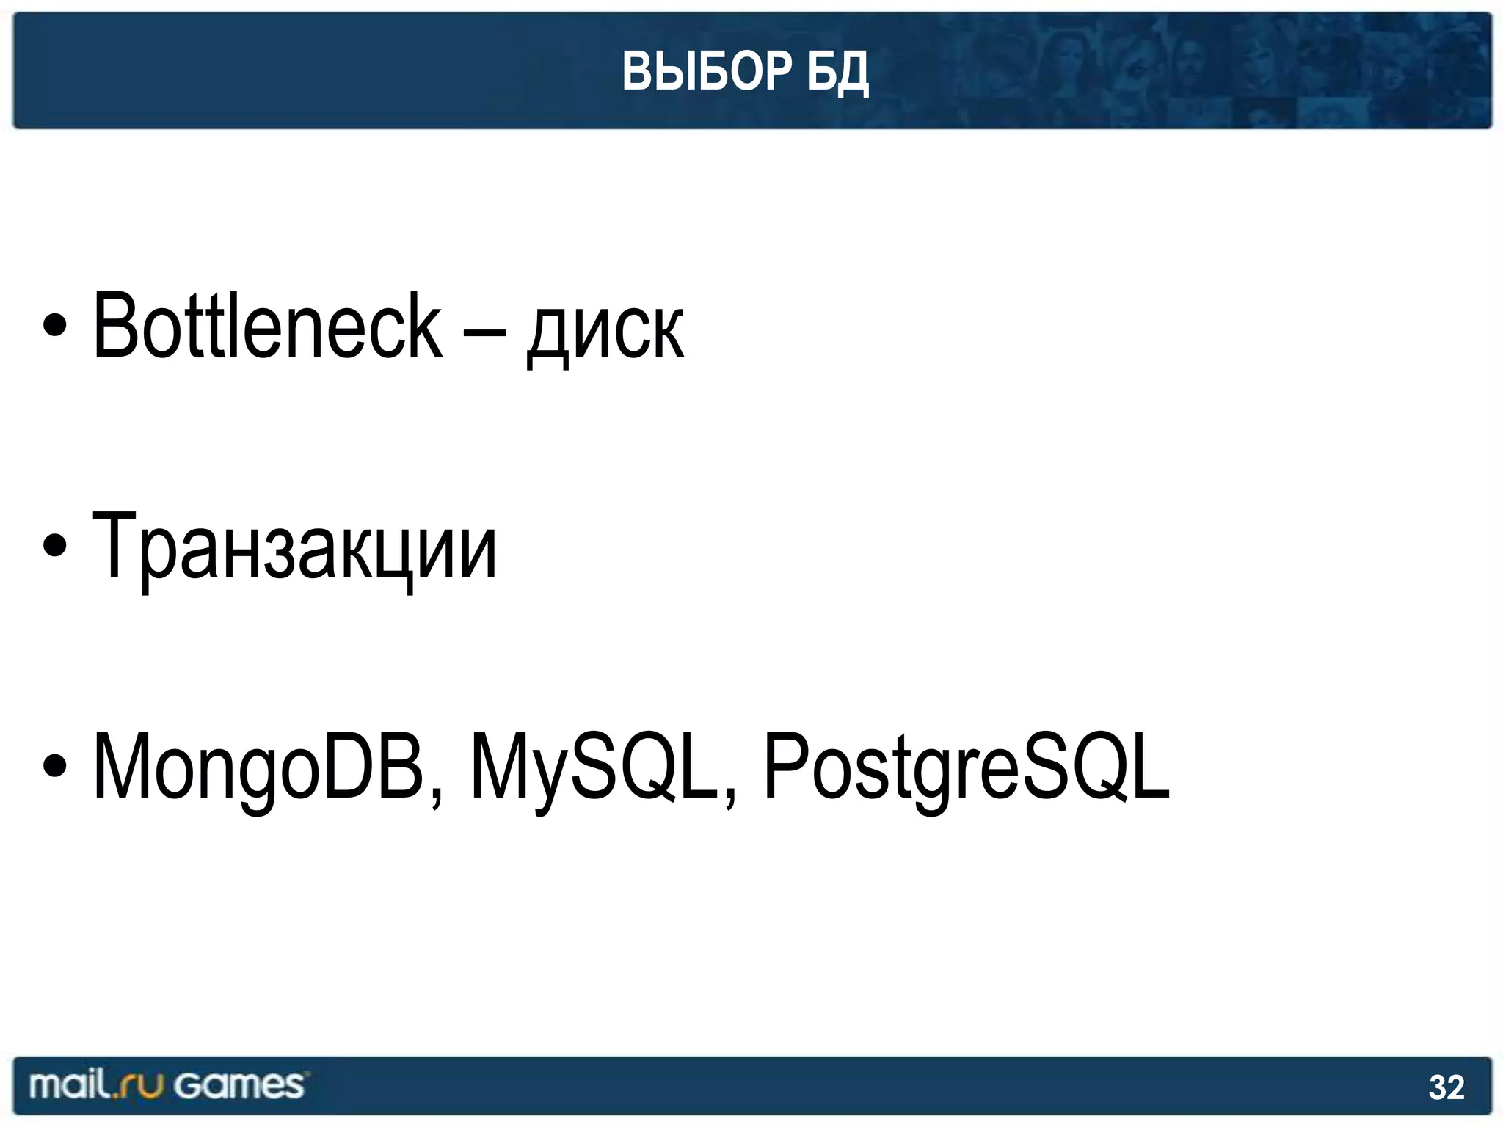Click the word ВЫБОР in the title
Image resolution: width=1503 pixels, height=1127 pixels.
click(x=707, y=72)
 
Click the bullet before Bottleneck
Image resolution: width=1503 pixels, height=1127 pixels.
click(x=55, y=326)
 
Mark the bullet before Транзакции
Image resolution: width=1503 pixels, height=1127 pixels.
click(x=55, y=546)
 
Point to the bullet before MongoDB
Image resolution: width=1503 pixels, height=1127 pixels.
click(x=55, y=766)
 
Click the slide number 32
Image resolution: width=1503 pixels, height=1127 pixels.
click(x=1446, y=1087)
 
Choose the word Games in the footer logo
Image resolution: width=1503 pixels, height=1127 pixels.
click(x=239, y=1085)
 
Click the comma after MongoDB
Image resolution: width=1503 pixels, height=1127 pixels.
click(x=437, y=796)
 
